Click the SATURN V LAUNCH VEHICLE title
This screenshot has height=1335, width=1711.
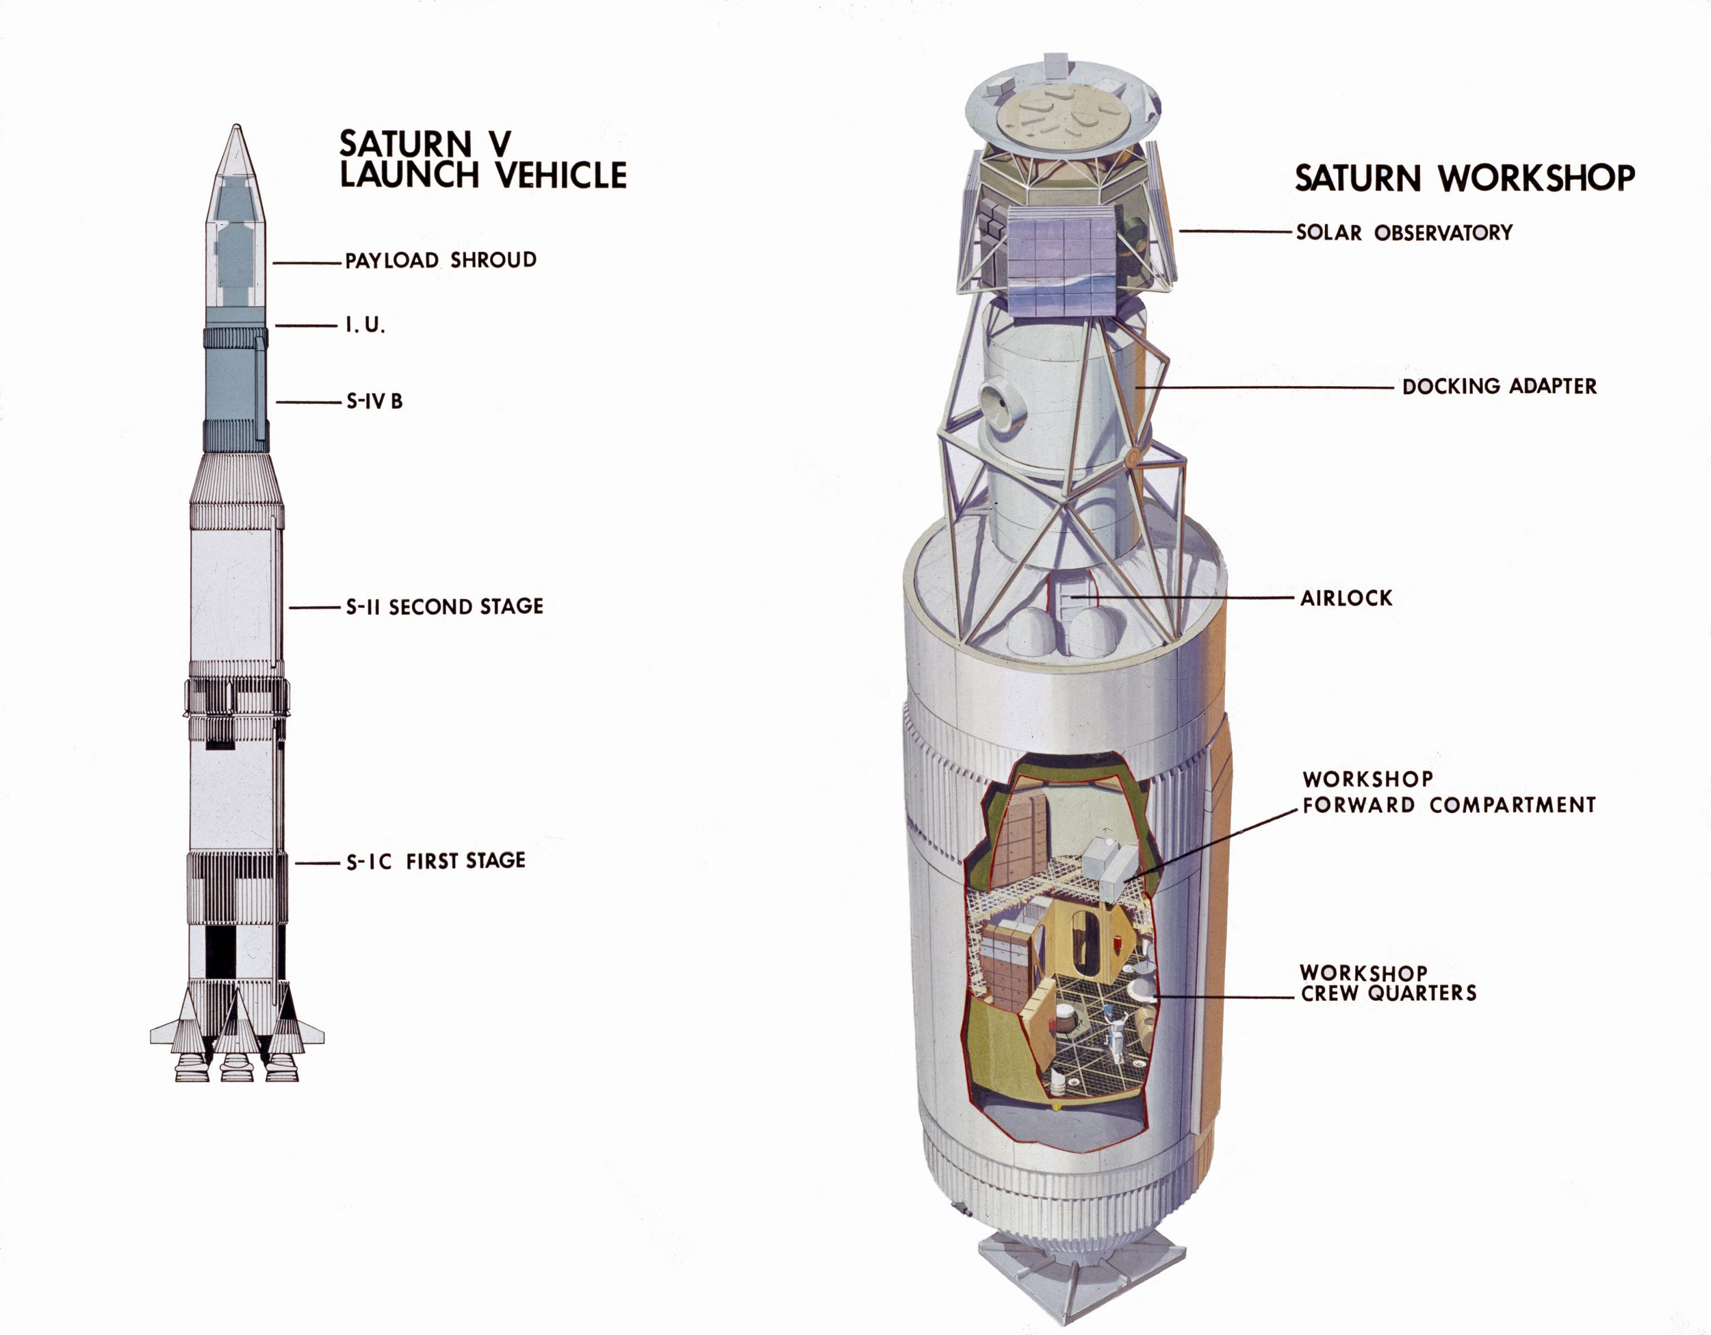tap(483, 160)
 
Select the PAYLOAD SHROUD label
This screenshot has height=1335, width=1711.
tap(441, 260)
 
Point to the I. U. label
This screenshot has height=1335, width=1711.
tap(365, 325)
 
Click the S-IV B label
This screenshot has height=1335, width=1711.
tap(374, 402)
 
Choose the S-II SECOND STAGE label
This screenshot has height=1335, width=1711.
tap(444, 607)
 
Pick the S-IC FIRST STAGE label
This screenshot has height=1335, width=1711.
tap(435, 861)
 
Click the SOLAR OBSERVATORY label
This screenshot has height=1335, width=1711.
tap(1404, 233)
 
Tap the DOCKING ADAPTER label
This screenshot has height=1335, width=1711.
tap(1500, 386)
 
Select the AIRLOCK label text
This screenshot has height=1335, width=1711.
tap(1346, 598)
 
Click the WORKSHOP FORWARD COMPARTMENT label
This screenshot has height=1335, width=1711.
tap(1449, 792)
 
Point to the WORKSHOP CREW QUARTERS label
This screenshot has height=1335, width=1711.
tap(1388, 983)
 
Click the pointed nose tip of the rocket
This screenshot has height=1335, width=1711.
tap(236, 125)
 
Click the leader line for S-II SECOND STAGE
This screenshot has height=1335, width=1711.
tap(313, 607)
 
